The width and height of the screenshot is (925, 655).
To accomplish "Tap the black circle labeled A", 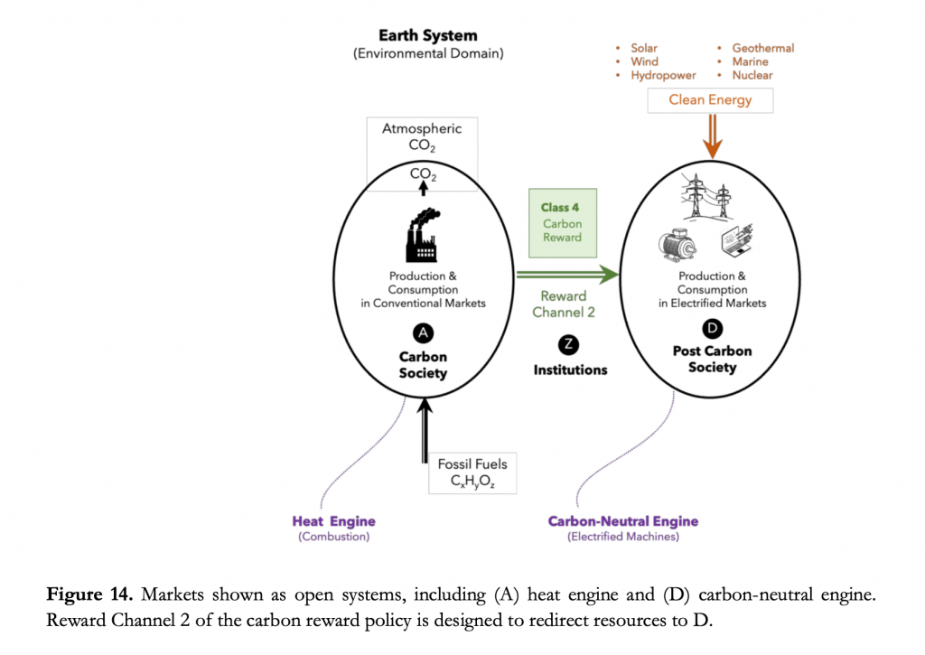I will pos(423,332).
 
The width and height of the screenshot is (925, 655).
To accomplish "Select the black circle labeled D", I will pos(712,328).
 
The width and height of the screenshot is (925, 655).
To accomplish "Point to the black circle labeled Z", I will pos(569,343).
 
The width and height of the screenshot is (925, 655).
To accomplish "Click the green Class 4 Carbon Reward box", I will pos(562,222).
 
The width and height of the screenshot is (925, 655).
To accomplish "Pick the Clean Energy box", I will pos(710,99).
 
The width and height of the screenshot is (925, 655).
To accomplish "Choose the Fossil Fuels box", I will pos(472,473).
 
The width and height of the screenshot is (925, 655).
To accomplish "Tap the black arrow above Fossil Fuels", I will pos(424,432).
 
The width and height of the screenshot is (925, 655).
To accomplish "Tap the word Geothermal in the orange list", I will pos(762,48).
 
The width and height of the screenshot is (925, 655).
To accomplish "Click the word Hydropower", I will pos(663,76).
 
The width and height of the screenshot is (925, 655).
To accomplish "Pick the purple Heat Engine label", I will pos(333,521).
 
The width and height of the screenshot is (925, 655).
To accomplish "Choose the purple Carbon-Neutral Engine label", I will pos(623,521).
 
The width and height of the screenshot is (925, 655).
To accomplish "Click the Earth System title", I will pos(427,36).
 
